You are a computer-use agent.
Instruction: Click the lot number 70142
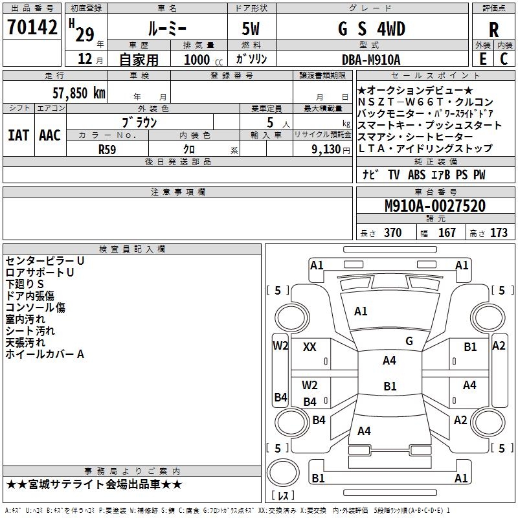32,28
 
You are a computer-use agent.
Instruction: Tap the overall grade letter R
494,29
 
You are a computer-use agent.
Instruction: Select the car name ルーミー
168,29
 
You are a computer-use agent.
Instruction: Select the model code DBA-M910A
371,59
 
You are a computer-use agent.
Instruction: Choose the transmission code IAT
19,135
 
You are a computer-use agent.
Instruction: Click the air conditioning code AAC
50,135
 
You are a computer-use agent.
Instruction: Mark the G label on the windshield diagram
409,341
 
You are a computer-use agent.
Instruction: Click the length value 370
392,233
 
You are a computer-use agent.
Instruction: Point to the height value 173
499,233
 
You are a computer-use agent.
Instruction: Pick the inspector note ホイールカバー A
45,354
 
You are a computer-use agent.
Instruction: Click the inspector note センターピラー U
45,260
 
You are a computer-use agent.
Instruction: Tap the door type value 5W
252,29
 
